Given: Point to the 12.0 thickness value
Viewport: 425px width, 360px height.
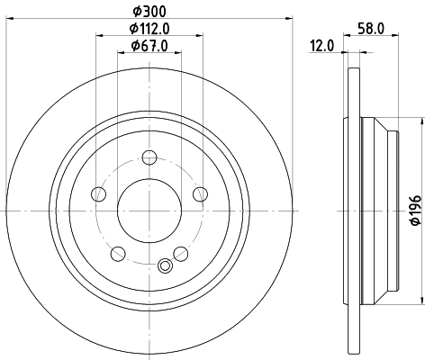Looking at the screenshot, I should [x=322, y=45].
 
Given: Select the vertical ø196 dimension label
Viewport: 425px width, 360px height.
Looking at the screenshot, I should [x=416, y=211].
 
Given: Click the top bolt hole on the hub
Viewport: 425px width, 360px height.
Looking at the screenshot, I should [x=149, y=160].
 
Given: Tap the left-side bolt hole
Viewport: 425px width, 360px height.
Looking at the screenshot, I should [x=99, y=195].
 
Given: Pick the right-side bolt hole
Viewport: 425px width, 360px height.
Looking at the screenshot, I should [x=199, y=195].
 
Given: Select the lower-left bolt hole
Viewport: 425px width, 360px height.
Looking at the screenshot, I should [x=118, y=253].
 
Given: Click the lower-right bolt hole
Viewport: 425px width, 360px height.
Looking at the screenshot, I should [x=180, y=253].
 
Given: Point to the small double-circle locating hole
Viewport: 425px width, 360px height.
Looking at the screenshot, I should [x=164, y=265].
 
